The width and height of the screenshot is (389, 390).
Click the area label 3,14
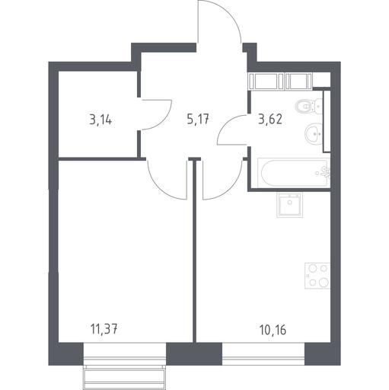(100, 120)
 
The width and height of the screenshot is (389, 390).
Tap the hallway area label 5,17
(198, 119)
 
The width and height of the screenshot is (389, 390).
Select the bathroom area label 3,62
(270, 119)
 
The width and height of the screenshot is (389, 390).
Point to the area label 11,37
(104, 329)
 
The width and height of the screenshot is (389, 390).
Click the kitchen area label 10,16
(273, 330)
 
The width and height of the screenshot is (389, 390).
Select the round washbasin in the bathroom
(314, 133)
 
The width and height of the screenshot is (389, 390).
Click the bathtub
(294, 173)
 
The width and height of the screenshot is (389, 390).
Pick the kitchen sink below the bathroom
(289, 205)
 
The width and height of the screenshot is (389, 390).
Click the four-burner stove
(317, 276)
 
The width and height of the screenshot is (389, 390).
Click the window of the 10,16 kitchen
(263, 354)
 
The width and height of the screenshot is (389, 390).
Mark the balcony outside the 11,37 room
(125, 377)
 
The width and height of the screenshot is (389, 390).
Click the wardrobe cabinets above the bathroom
(280, 82)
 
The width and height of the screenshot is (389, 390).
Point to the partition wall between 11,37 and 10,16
(195, 251)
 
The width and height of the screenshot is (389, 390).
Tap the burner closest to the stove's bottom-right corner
(324, 283)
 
